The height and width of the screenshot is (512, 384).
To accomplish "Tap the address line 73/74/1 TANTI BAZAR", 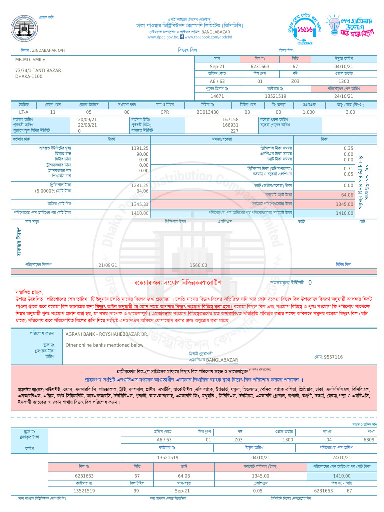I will (38, 71).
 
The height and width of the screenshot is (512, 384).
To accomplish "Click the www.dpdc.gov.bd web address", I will (162, 37).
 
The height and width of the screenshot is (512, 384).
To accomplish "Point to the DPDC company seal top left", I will (29, 28).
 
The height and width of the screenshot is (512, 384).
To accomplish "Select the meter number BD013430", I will (207, 112).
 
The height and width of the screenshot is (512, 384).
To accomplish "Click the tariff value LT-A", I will (24, 112).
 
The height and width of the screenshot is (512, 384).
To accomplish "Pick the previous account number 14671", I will (217, 96).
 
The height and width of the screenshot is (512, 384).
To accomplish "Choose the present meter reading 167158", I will (230, 120).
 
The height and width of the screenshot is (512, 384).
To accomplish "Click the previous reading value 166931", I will (230, 125).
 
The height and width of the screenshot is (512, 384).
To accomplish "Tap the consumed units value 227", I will (234, 131).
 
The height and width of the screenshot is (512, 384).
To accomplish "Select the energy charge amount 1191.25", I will (140, 149).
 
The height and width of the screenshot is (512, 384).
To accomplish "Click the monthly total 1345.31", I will (140, 204).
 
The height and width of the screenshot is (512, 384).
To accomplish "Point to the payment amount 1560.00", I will (198, 265).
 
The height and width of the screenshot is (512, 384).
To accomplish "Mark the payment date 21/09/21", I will (108, 265).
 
